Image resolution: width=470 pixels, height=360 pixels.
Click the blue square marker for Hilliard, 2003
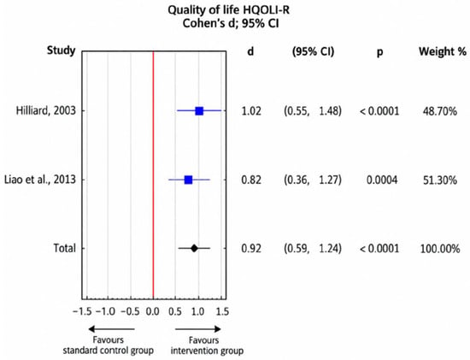pyautogui.click(x=199, y=111)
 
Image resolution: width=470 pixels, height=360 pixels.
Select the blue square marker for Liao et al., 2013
pyautogui.click(x=188, y=180)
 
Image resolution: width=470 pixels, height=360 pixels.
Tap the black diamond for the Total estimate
pyautogui.click(x=194, y=248)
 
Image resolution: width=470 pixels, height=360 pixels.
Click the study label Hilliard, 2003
pyautogui.click(x=46, y=111)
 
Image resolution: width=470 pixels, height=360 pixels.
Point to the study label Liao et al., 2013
pyautogui.click(x=40, y=180)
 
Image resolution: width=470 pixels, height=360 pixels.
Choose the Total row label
pyautogui.click(x=64, y=248)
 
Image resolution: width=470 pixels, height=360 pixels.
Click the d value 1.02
pyautogui.click(x=251, y=111)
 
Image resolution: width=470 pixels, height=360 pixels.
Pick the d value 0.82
pyautogui.click(x=251, y=180)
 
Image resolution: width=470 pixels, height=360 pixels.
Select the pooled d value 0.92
pyautogui.click(x=251, y=248)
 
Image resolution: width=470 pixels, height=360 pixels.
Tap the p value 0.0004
pyautogui.click(x=382, y=180)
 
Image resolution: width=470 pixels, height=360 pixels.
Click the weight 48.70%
pyautogui.click(x=440, y=111)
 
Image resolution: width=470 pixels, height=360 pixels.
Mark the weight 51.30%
pyautogui.click(x=440, y=180)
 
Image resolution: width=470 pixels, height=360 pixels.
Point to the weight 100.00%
pyautogui.click(x=440, y=249)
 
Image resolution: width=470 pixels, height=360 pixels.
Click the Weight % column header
pyautogui.click(x=443, y=51)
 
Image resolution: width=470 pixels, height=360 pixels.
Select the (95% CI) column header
pyautogui.click(x=313, y=51)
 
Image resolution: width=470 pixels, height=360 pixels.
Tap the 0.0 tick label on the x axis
pyautogui.click(x=153, y=311)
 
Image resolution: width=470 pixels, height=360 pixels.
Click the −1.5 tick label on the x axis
pyautogui.click(x=82, y=311)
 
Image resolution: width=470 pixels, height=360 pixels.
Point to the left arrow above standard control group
pyautogui.click(x=111, y=329)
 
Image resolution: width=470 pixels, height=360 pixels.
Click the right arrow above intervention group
pyautogui.click(x=198, y=329)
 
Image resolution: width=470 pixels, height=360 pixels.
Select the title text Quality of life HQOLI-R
pyautogui.click(x=228, y=10)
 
